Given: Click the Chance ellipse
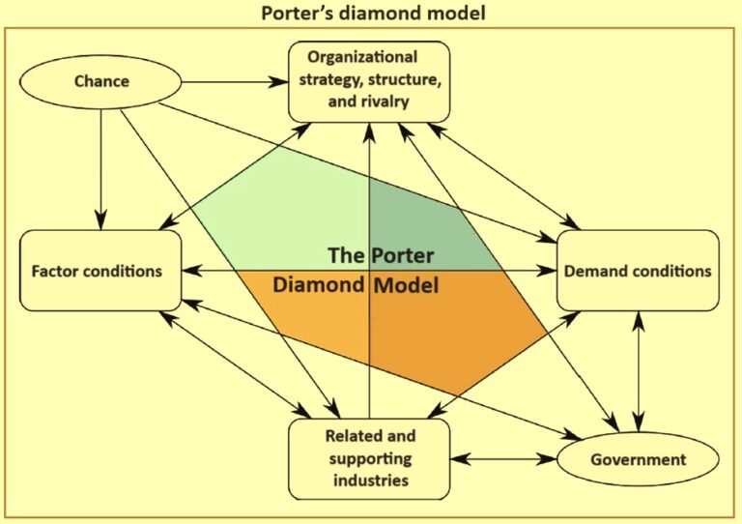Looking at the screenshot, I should (102, 80).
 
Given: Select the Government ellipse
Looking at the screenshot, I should (638, 460).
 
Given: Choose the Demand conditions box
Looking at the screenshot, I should (638, 271).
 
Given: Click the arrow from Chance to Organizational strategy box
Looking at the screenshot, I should (232, 81).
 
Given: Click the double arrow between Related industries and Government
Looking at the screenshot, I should (502, 458).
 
